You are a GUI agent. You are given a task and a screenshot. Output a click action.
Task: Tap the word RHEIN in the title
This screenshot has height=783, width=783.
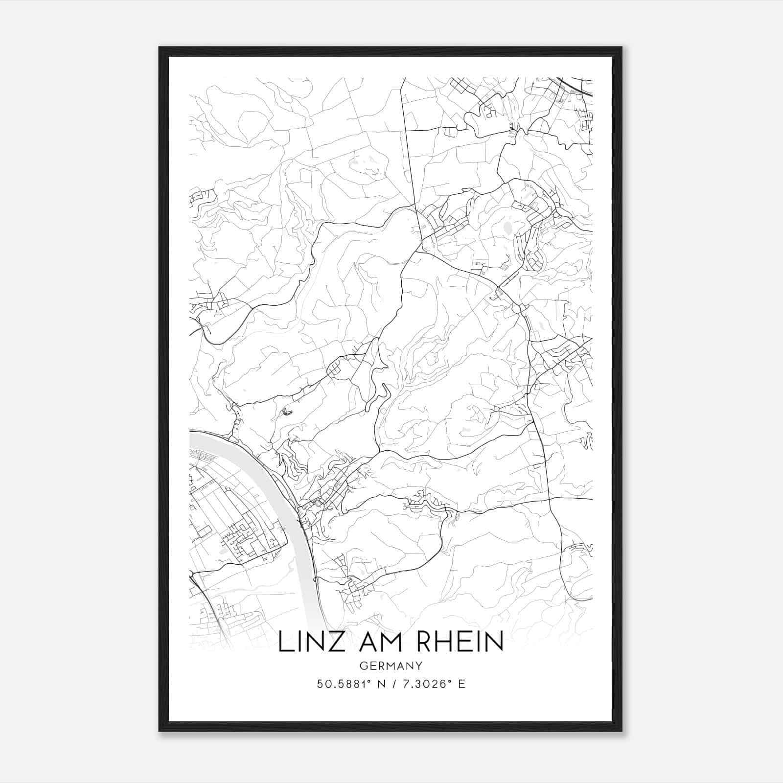[460, 642]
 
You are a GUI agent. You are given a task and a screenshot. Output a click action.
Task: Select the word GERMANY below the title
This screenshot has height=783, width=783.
[391, 666]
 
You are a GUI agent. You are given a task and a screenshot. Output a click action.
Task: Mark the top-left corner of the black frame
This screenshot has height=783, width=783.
[160, 48]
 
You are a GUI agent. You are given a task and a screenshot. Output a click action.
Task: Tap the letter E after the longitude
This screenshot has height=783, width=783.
[462, 684]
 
